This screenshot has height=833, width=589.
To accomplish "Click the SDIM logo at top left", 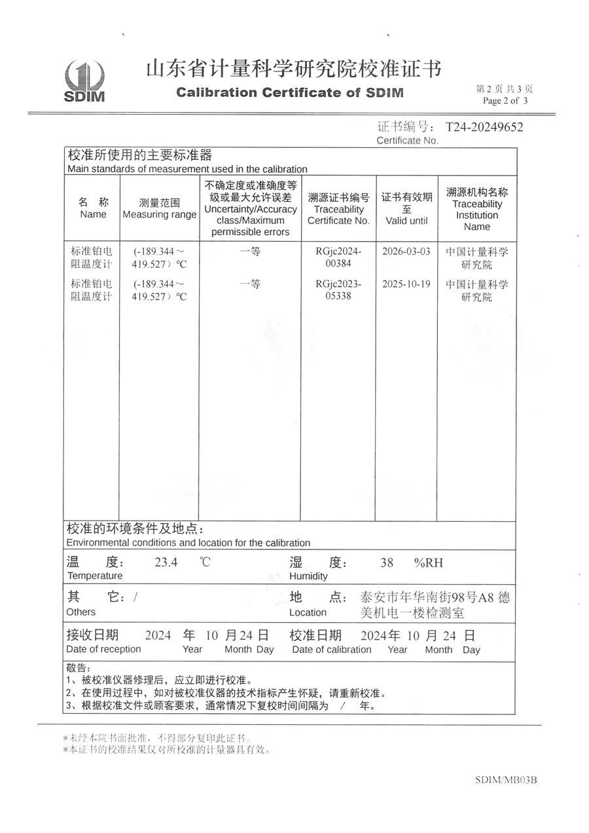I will click(x=84, y=81).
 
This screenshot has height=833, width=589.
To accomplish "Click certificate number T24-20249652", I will click(x=484, y=127).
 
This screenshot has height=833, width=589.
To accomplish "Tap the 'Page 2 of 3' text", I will click(x=505, y=101).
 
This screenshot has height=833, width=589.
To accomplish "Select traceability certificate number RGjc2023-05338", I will click(x=338, y=290).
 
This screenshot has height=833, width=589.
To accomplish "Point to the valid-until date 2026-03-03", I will click(x=406, y=251).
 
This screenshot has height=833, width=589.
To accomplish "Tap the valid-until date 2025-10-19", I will click(x=406, y=284).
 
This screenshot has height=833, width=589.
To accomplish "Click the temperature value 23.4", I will click(x=166, y=562).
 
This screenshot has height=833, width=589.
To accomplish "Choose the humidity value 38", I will click(x=387, y=562).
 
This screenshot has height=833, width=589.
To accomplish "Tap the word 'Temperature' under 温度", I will click(x=94, y=576).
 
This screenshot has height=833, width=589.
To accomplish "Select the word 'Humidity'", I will click(x=308, y=576).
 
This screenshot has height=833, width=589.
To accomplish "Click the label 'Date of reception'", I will click(x=103, y=649).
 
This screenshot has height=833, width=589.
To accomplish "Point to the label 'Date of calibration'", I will click(x=331, y=650).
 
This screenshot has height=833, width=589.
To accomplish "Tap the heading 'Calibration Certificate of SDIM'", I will click(x=290, y=92).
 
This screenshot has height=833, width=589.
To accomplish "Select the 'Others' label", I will click(x=80, y=612).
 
